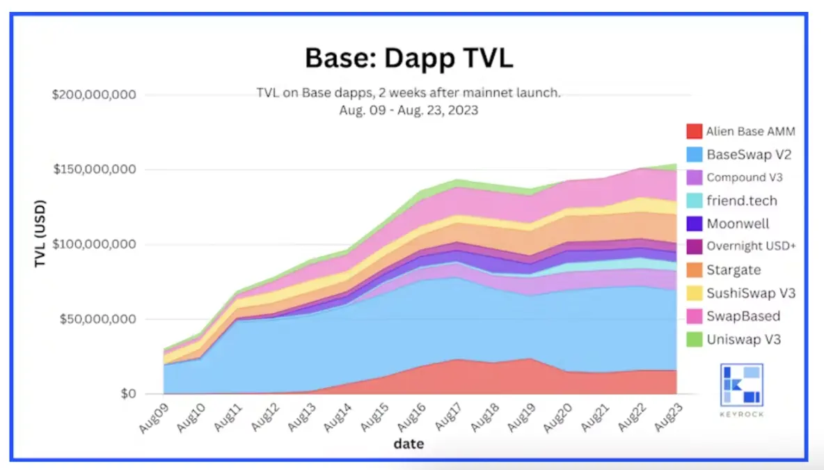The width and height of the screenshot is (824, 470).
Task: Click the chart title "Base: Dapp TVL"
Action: [409, 58]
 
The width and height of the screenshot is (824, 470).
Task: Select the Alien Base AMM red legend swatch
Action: [694, 131]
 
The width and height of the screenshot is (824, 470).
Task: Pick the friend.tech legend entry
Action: [742, 201]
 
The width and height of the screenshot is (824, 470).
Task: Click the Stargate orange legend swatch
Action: [694, 269]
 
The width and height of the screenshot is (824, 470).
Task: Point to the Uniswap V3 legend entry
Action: [743, 339]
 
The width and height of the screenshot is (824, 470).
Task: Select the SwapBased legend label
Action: [743, 316]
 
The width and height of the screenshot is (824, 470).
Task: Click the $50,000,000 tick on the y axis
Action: [97, 320]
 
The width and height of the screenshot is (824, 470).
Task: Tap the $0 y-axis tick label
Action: [127, 394]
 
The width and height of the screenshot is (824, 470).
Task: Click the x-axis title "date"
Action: [409, 443]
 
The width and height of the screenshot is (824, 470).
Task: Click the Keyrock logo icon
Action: [742, 384]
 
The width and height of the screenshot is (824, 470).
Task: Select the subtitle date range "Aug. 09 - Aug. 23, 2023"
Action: [409, 109]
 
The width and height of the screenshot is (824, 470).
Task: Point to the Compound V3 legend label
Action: [745, 177]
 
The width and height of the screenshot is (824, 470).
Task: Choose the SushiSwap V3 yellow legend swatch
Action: [694, 292]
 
